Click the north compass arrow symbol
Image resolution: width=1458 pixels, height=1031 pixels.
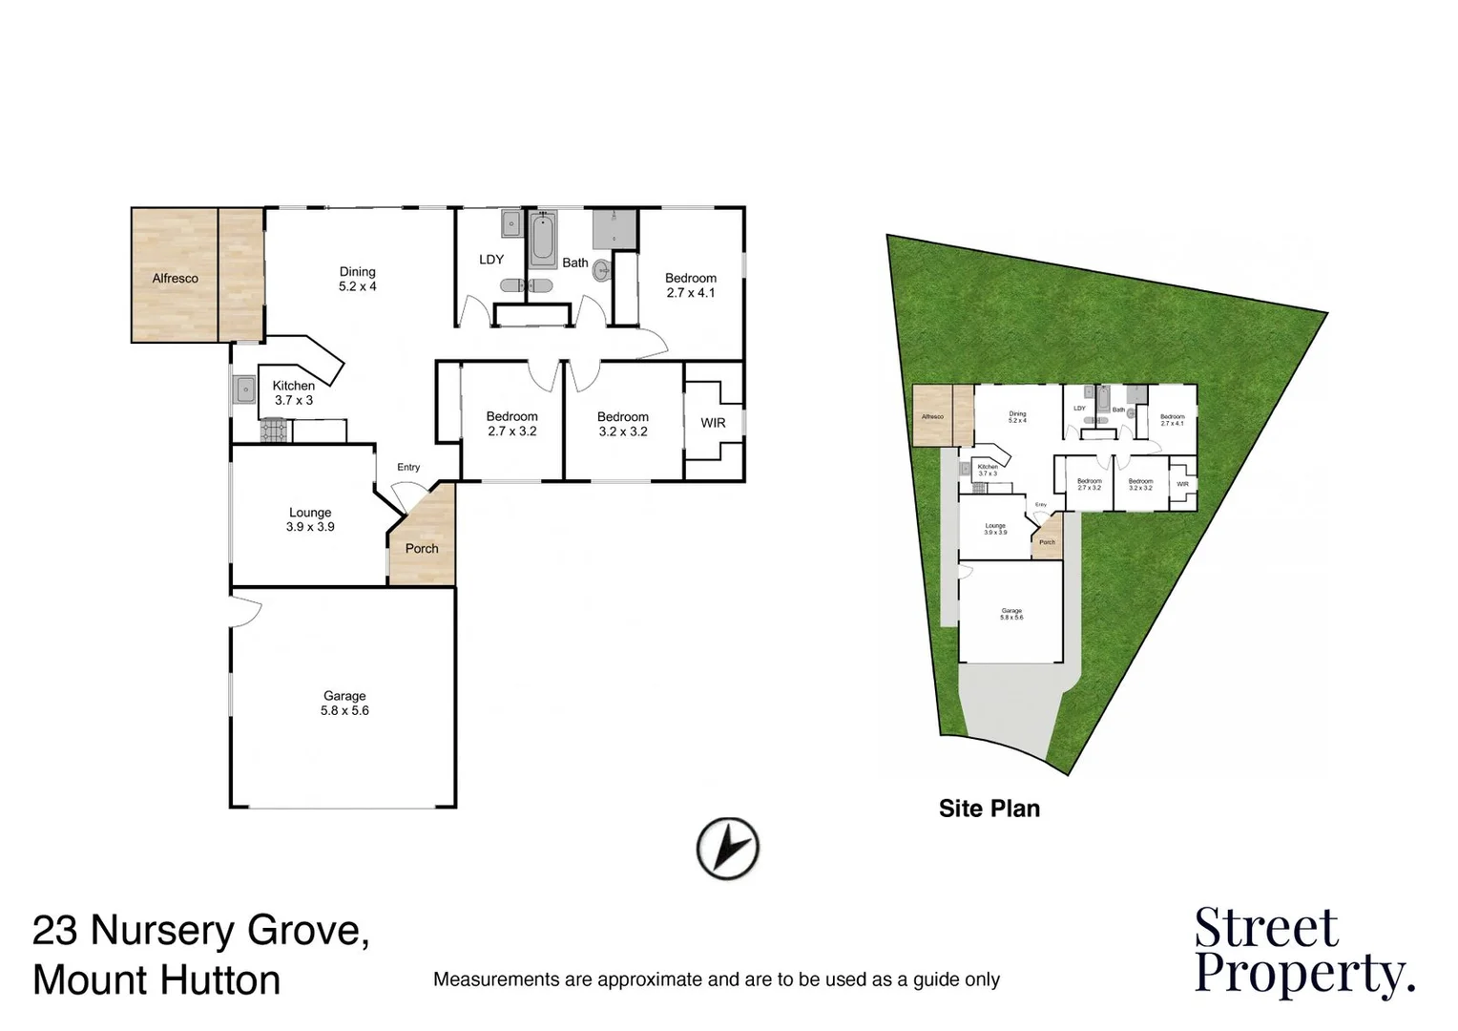pos(727,848)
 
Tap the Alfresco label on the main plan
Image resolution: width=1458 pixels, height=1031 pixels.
pos(176,279)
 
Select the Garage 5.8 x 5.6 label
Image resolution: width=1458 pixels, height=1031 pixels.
pos(344,704)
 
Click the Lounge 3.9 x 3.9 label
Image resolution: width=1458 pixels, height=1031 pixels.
pos(310,519)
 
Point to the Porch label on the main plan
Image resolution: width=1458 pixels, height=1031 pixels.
pos(422,549)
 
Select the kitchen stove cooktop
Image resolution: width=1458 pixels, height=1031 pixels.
pos(275,431)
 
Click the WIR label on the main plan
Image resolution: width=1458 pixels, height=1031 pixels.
pos(713,423)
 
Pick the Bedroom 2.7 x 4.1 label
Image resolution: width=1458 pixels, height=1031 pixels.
pos(691,285)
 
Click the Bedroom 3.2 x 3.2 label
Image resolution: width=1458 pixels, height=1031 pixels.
pos(623,424)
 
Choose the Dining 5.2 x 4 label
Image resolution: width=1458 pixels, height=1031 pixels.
pos(358,279)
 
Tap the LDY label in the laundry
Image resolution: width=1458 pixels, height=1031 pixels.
pos(491,260)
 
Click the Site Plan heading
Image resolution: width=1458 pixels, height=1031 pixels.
pos(989,809)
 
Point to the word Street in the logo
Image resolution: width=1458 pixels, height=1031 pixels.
pos(1266,928)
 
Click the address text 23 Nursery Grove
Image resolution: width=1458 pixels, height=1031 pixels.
pos(201,930)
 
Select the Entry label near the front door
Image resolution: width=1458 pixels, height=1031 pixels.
pos(408,467)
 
